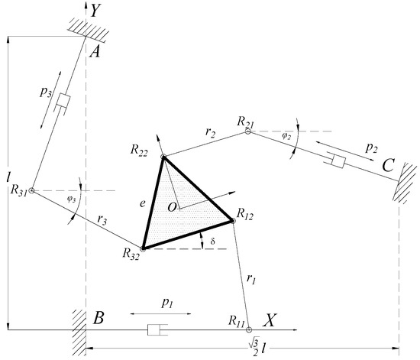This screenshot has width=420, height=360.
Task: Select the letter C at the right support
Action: (x=388, y=165)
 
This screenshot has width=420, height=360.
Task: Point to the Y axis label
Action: (x=95, y=11)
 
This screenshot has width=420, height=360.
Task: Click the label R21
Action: (x=246, y=122)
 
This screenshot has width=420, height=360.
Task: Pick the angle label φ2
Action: (x=286, y=136)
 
